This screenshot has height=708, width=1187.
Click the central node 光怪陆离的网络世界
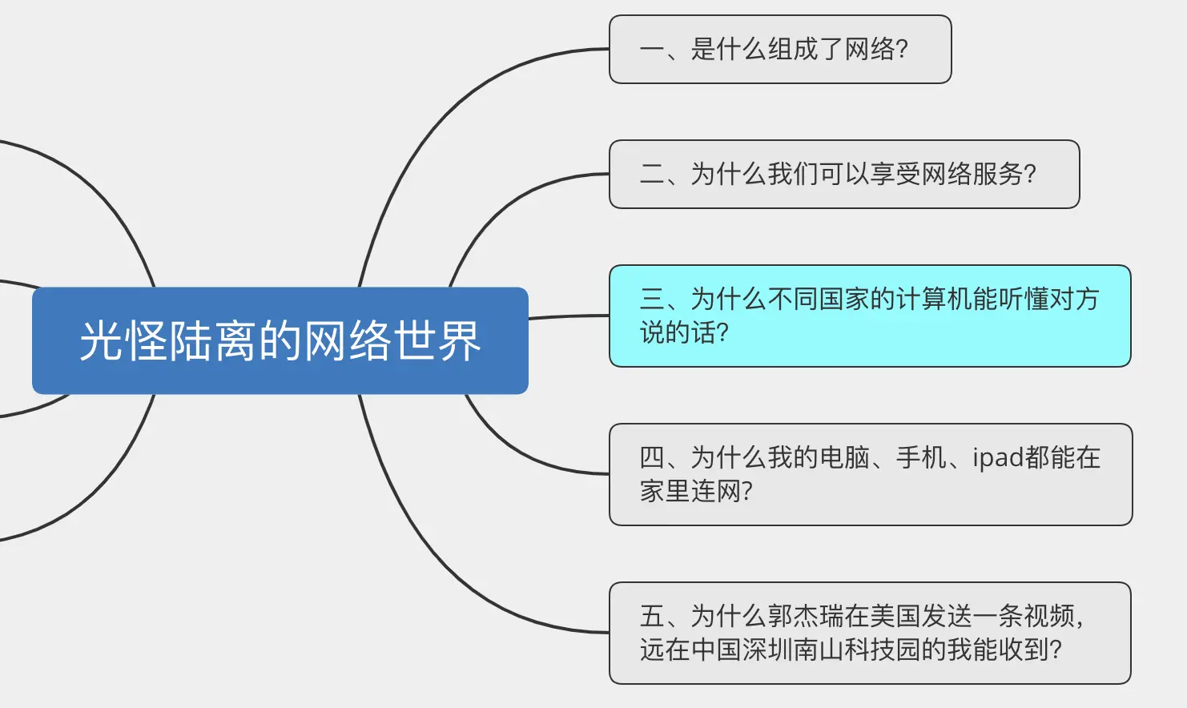(x=280, y=340)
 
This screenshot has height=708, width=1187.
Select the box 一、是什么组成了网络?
(x=779, y=49)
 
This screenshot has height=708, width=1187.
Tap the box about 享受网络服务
(x=843, y=174)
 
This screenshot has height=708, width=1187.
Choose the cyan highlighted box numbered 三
(x=869, y=316)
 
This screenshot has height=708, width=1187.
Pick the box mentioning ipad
(x=870, y=474)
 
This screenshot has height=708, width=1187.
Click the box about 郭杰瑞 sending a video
(x=869, y=633)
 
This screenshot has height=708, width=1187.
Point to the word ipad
(x=998, y=457)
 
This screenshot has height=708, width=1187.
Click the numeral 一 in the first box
(x=651, y=50)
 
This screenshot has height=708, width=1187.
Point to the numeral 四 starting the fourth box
(x=651, y=457)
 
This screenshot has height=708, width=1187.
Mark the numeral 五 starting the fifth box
(x=651, y=616)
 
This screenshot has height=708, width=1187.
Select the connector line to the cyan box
(x=569, y=316)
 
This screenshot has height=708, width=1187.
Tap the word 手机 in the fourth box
(x=921, y=457)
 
